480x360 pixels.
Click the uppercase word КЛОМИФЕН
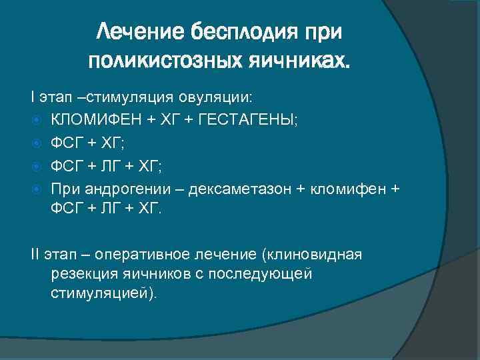point(93,120)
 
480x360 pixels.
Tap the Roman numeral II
point(35,254)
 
